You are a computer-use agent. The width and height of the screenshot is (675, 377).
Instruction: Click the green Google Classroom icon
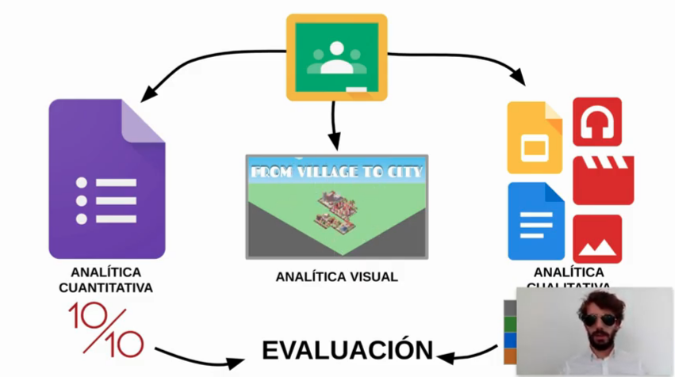[336, 57]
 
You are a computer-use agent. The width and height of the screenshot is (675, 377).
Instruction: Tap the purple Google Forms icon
[106, 179]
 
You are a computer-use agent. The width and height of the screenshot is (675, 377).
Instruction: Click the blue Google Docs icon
[535, 221]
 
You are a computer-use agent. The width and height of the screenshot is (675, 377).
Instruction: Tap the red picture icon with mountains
[596, 238]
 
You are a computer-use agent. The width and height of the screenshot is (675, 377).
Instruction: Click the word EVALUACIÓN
[348, 349]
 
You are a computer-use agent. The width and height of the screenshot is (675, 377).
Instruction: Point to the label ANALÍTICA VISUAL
[336, 277]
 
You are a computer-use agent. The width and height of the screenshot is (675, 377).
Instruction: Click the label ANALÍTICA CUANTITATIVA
[105, 280]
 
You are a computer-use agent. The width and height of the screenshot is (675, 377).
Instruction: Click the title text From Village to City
[336, 170]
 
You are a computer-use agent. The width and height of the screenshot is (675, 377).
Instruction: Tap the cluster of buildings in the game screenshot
[336, 213]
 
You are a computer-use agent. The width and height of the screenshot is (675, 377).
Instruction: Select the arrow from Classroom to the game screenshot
[335, 127]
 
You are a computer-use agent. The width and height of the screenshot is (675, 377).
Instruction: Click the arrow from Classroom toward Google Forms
[198, 65]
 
